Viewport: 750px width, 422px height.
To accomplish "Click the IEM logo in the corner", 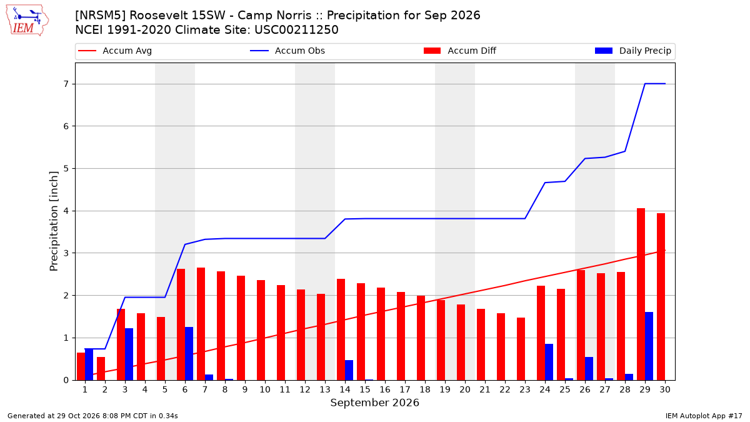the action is pos(27,21).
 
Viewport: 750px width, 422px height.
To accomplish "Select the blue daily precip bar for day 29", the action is pos(649,346).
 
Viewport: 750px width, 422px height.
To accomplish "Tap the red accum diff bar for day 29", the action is pos(641,294).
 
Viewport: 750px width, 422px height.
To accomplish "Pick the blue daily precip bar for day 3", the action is pos(129,354).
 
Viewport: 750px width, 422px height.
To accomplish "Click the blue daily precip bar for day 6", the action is pos(189,353).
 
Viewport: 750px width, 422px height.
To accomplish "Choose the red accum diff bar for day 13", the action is pos(321,337).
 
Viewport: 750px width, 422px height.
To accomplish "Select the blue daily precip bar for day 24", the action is pos(549,362).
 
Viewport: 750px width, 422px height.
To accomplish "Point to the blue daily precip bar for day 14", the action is pos(349,370).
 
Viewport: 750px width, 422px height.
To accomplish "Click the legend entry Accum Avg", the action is pos(115,51).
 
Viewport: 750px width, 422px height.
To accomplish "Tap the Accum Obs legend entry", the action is pos(287,51).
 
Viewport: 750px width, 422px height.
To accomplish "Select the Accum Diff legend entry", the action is pos(460,51).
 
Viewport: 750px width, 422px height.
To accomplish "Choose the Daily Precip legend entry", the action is pos(633,51).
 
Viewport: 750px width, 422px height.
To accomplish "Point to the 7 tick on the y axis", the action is pos(66,84).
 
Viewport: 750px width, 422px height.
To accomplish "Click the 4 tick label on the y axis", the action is pos(66,211).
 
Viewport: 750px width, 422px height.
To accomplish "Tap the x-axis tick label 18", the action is pos(425,389).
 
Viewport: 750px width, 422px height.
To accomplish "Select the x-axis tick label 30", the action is pos(665,389).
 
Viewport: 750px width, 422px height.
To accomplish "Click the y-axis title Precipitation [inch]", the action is pos(54,221).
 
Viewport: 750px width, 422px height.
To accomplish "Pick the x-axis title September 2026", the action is pos(374,403).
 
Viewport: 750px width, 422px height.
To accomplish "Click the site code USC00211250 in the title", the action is pos(296,30).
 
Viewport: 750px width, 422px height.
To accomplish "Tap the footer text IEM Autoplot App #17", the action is pos(704,416).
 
